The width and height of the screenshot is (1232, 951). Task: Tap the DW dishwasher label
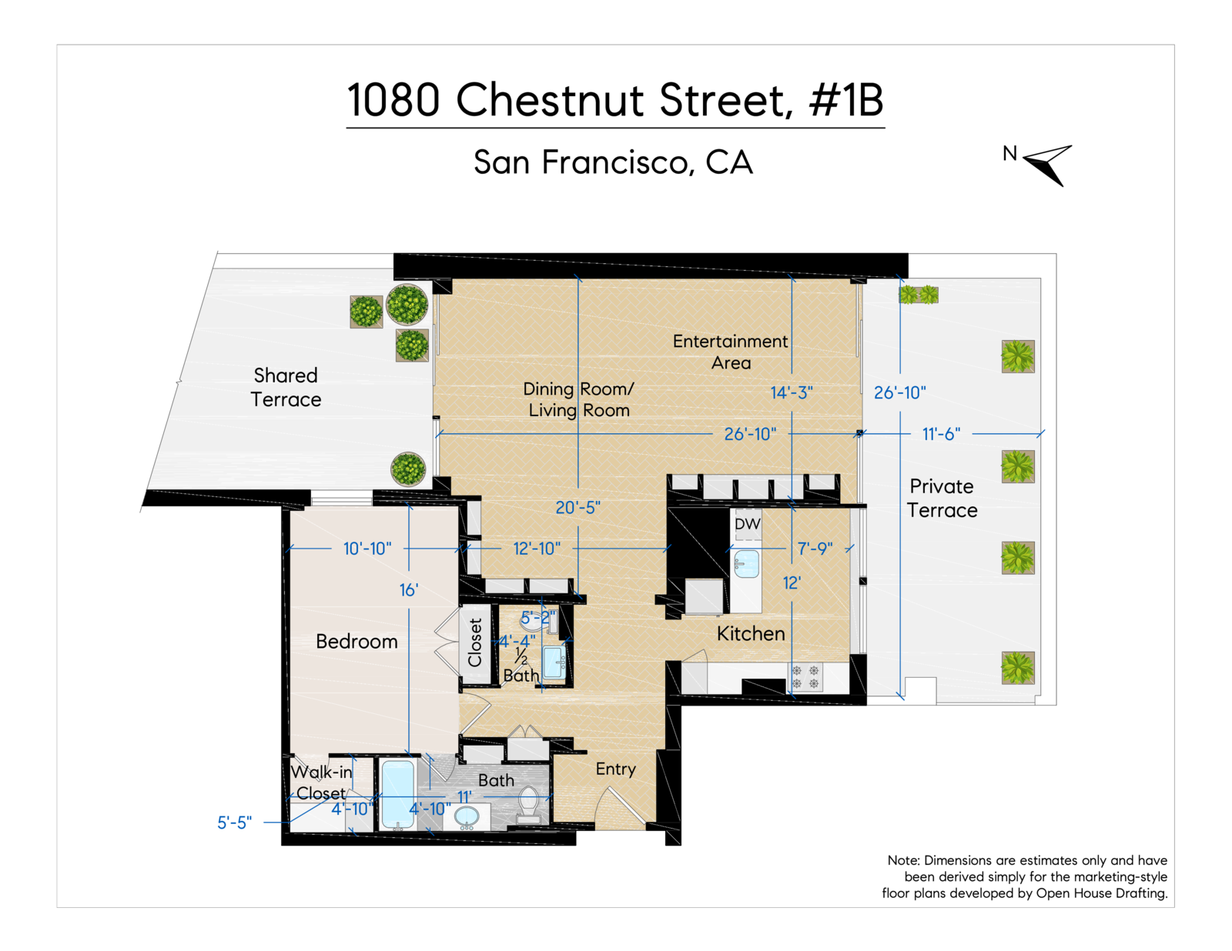tap(747, 524)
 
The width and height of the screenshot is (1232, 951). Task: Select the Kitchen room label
tap(751, 633)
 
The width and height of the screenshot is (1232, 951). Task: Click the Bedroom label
tap(357, 642)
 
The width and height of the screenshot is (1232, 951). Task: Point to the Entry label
tap(615, 769)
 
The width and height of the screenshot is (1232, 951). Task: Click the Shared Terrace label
tap(286, 387)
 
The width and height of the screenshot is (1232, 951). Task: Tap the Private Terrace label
tap(942, 498)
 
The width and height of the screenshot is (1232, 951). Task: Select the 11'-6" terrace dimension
tap(941, 434)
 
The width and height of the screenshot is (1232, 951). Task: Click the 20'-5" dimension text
tap(577, 508)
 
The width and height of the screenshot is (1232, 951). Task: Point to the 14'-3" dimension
tap(792, 392)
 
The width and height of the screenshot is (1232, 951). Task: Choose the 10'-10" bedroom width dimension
tap(367, 549)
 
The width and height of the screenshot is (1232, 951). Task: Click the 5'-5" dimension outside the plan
tap(234, 823)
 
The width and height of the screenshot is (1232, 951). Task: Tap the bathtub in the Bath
tap(397, 793)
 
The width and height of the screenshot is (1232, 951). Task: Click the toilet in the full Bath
tap(529, 805)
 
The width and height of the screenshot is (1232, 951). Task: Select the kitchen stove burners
tap(805, 677)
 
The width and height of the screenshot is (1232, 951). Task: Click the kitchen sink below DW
tap(746, 564)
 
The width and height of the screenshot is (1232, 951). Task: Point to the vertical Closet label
tap(475, 642)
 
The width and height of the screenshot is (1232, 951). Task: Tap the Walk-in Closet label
tap(321, 782)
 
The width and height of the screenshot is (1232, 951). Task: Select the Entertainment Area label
tap(730, 352)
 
